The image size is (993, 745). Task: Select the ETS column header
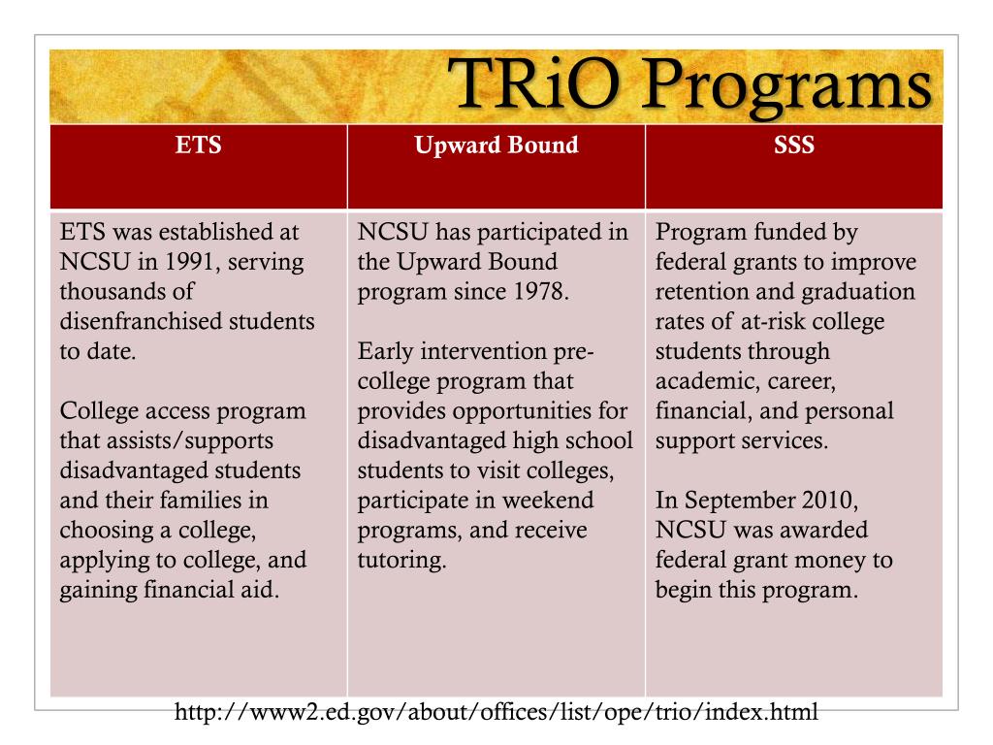pos(198,146)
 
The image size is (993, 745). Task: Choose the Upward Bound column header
pos(496,146)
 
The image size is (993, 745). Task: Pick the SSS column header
pos(793,146)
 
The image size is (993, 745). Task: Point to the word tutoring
pos(401,561)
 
